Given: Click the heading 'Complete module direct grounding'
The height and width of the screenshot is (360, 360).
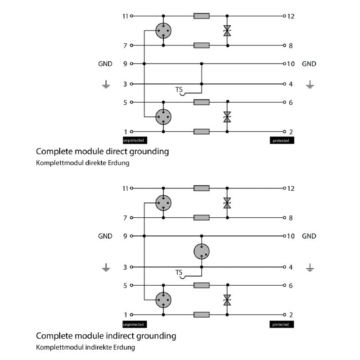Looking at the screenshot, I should coord(102,151).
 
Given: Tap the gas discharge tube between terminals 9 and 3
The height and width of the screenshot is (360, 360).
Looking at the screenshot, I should coord(201,251).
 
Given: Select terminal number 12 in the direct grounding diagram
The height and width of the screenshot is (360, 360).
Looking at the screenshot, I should coord(290,16).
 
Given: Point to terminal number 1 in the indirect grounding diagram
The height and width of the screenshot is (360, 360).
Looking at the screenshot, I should coord(126,315).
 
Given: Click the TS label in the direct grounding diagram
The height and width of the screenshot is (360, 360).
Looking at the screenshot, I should coord(179,90).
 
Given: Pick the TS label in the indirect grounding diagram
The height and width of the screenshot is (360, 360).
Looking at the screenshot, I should coord(179,273).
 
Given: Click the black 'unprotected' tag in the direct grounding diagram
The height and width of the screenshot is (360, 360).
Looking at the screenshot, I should coord(135,140).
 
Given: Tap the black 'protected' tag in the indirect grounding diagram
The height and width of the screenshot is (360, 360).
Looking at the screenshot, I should coord(282,324).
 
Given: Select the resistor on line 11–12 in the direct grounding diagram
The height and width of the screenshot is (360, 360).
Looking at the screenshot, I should coord(201,16).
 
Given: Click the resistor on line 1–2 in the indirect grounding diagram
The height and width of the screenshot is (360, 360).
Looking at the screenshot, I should coord(201,315).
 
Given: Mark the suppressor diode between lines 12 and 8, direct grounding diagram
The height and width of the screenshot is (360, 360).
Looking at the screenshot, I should coord(227,31).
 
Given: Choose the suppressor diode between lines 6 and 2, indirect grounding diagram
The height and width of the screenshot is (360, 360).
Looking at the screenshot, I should coord(227,300).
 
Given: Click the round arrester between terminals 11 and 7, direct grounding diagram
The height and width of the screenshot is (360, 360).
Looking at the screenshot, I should coord(163,31).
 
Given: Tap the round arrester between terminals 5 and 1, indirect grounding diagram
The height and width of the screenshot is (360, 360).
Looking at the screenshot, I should coord(163,300).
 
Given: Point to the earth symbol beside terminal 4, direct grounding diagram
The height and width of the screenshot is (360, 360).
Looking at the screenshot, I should coord(310,84).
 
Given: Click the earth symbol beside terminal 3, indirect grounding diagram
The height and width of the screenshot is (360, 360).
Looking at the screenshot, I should coord(106,268).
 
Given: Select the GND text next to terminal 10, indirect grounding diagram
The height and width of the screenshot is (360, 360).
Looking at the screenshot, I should coord(309,236).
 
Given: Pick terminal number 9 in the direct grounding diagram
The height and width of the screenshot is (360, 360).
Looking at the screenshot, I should coord(125,64).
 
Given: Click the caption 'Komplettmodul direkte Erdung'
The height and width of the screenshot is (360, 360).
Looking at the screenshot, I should coord(82,163).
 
